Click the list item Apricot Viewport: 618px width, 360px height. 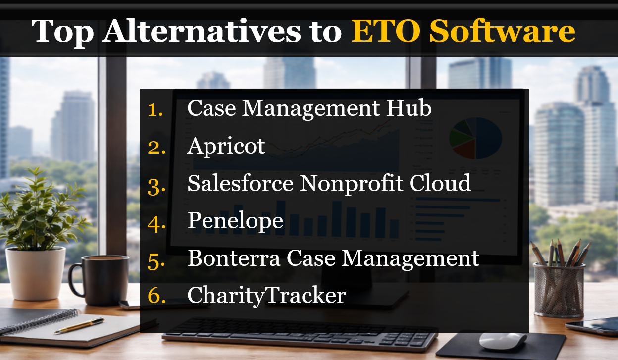pos(226,146)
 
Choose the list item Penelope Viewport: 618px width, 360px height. pos(235,221)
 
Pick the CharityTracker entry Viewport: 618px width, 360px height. pos(266,296)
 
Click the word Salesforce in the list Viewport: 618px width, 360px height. pos(240,183)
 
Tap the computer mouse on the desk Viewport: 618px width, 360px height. pos(503,341)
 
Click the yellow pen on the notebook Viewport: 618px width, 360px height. pos(79,326)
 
